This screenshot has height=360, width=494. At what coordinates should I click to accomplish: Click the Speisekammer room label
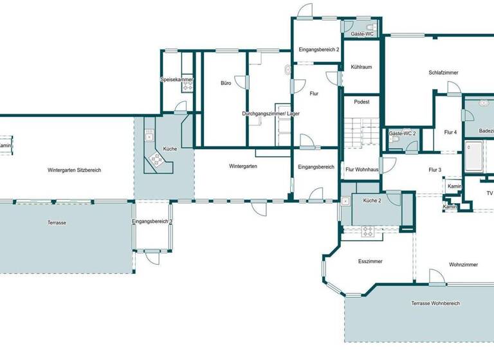click(x=177, y=80)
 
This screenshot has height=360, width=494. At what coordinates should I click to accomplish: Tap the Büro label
click(x=226, y=84)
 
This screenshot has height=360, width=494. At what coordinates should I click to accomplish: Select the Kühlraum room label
click(x=361, y=67)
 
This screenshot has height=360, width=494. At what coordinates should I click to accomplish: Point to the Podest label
click(x=361, y=102)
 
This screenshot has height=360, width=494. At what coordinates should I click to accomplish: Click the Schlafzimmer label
click(x=443, y=73)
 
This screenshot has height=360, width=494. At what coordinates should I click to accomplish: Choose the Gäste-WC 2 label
click(x=403, y=134)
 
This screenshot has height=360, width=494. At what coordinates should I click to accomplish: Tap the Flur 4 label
click(x=450, y=132)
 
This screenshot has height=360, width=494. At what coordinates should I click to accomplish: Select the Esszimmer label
click(x=370, y=262)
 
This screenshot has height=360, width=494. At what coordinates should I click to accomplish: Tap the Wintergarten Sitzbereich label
click(x=74, y=170)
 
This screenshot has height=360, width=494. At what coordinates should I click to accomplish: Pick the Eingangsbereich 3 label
click(x=152, y=222)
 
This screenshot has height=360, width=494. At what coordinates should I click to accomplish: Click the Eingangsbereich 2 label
click(x=319, y=50)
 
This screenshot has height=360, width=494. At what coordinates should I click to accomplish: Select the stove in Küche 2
click(x=368, y=231)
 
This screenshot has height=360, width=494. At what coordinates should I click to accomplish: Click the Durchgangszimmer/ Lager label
click(x=271, y=114)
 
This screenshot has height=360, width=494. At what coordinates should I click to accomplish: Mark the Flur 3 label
click(x=435, y=170)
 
